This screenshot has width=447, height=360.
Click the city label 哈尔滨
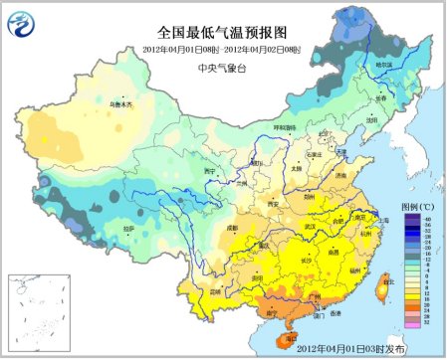[384, 65]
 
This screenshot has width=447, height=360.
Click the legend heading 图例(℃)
[417, 205]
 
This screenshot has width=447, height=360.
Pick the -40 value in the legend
[428, 217]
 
